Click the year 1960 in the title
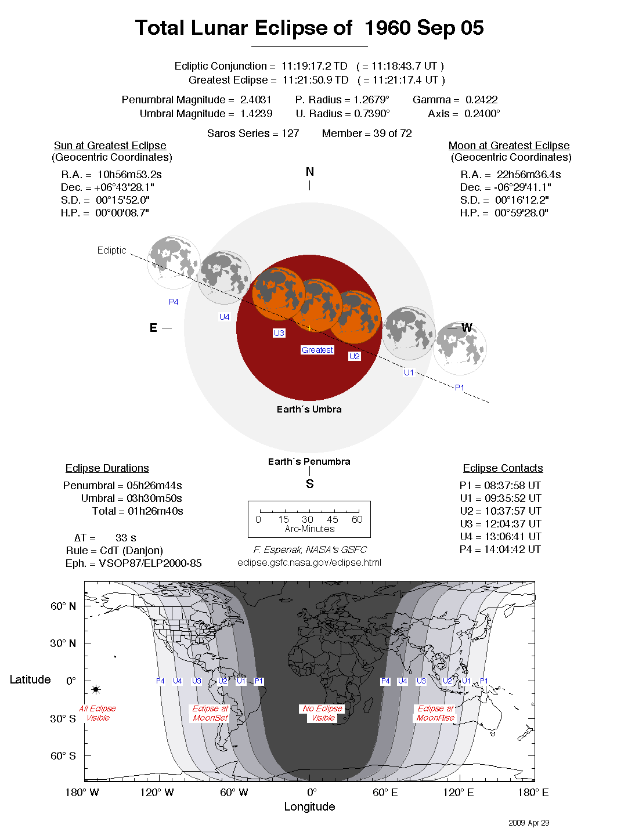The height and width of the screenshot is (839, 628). coord(387,28)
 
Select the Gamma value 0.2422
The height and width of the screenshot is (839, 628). coord(481,100)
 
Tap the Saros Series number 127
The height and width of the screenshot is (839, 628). coord(290,133)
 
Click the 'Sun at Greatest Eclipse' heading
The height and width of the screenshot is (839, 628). coord(110,146)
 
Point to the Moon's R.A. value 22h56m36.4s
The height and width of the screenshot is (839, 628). coord(528,175)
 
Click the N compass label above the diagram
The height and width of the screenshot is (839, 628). coord(310,172)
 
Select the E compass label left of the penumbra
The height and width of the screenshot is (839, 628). coord(153,328)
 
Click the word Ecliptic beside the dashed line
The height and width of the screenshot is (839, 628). coord(111,250)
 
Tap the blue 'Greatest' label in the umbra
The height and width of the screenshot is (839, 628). coord(317,350)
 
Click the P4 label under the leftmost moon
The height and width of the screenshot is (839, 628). coord(174,302)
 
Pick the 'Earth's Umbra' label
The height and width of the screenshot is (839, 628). coord(309,409)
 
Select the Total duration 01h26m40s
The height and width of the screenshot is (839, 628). coord(156,511)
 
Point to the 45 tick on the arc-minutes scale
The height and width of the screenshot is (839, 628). coord(333,519)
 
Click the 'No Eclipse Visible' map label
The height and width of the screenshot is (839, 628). coord(323,713)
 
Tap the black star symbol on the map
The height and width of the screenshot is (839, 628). coord(96,689)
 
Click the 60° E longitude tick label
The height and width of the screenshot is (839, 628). coord(385,793)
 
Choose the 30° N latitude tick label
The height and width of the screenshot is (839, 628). coord(63,643)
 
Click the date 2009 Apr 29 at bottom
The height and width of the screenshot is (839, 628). coord(528,823)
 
